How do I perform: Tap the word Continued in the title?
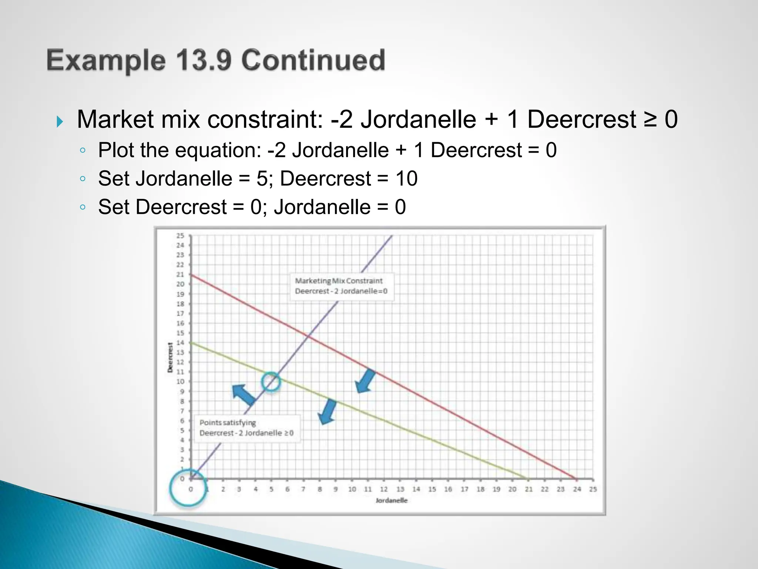point(313,60)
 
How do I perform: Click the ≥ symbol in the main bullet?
point(650,120)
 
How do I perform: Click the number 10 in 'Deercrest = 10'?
point(406,179)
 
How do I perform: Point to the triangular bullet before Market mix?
point(60,122)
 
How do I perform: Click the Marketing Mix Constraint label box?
point(341,286)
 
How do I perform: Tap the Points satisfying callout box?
point(246,428)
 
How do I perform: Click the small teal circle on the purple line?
point(271,382)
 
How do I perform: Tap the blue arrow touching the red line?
point(366,380)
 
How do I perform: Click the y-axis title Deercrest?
point(170,357)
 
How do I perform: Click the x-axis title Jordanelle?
point(391,500)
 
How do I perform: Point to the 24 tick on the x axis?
point(577,489)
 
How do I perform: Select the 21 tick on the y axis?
point(180,274)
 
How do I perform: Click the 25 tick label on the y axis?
point(180,236)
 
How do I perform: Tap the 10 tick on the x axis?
point(352,489)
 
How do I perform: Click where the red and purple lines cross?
point(308,335)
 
